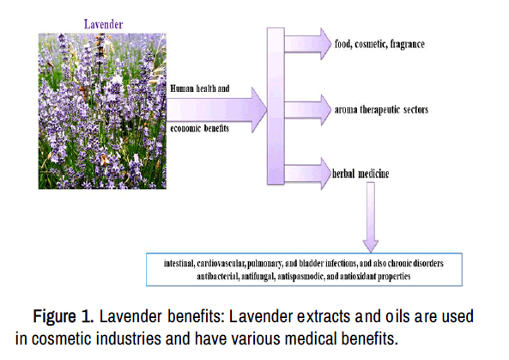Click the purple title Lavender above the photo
(103, 24)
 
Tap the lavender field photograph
(102, 111)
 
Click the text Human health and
(200, 88)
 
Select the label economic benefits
(199, 128)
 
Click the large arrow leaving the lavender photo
(216, 110)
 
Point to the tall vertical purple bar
(276, 107)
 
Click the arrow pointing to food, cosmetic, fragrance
(307, 44)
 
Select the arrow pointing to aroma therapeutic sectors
(307, 110)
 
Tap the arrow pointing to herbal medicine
(307, 174)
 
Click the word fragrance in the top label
(407, 44)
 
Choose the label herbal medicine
(361, 174)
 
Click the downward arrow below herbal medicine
(371, 217)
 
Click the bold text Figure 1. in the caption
(64, 316)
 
